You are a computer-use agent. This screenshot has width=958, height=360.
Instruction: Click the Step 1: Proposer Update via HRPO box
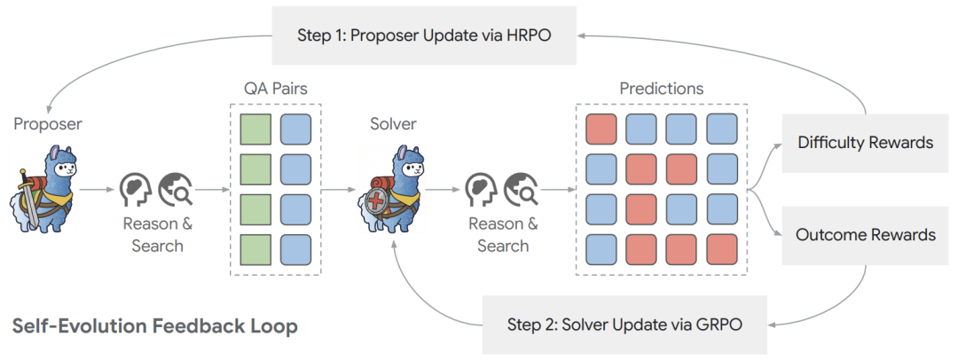click(424, 35)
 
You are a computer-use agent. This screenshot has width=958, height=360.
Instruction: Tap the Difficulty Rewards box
click(865, 142)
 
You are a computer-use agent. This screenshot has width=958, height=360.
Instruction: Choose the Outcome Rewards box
click(865, 235)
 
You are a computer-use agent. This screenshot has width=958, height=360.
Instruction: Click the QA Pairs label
click(276, 90)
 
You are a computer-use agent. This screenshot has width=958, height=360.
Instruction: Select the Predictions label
click(661, 89)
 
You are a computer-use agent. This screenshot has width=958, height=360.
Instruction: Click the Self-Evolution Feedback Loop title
click(154, 326)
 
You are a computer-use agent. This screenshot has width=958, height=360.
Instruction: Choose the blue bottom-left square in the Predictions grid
click(600, 250)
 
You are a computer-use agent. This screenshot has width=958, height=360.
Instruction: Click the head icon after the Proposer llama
click(134, 189)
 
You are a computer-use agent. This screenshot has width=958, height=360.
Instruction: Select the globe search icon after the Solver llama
click(520, 189)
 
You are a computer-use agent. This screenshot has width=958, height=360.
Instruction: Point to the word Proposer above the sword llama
click(48, 123)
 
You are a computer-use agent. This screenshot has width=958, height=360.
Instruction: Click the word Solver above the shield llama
click(393, 123)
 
